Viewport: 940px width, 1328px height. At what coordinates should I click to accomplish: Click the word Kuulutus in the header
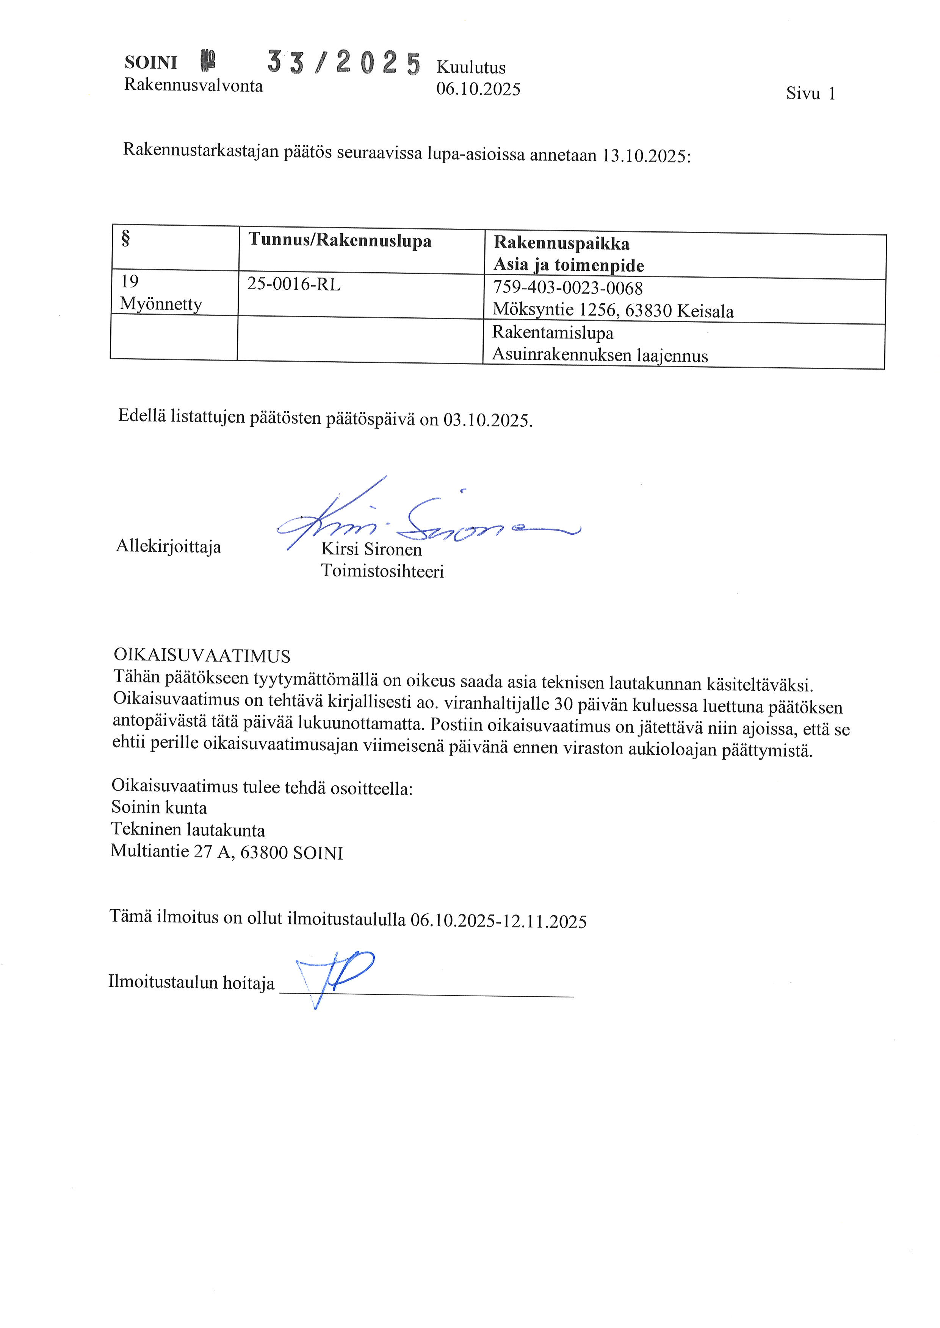pos(471,68)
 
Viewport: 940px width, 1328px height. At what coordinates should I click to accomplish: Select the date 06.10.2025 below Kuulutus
pos(478,89)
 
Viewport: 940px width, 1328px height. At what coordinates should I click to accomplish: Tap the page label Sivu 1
pos(810,94)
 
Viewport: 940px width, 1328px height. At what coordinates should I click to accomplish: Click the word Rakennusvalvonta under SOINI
pos(193,86)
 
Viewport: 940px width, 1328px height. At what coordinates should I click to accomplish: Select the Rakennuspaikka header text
pos(561,243)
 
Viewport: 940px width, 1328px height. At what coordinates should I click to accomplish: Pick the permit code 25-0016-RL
pos(293,285)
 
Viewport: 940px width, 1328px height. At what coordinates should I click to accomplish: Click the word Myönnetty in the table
pos(161,304)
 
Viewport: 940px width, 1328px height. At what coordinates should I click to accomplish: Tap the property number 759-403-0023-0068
pos(567,288)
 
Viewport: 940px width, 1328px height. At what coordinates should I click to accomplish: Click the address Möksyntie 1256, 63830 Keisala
pos(613,311)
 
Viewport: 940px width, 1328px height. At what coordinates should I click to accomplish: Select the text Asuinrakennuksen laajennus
pos(600,355)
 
